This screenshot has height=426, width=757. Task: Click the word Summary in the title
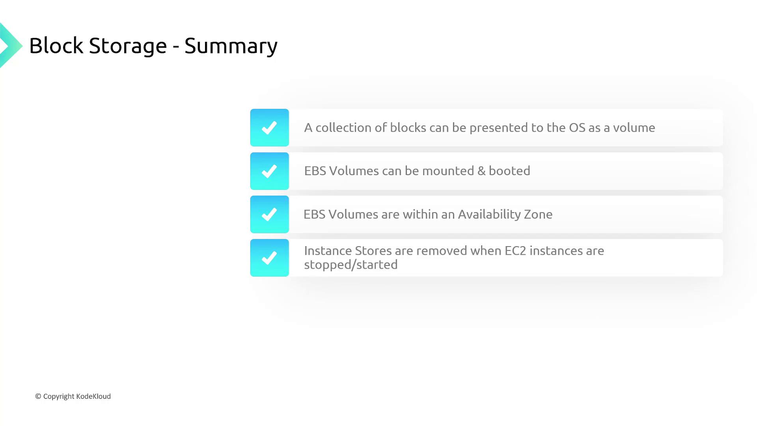click(x=231, y=46)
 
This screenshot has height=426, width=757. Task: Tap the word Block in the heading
click(x=56, y=45)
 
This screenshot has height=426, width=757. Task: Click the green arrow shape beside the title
click(x=11, y=45)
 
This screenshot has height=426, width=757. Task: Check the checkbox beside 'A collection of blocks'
click(x=270, y=128)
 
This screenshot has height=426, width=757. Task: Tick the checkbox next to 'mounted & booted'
click(x=270, y=171)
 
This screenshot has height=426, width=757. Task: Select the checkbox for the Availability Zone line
click(x=270, y=215)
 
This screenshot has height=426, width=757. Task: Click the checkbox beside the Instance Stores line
click(x=270, y=258)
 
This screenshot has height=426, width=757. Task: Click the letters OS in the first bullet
click(x=577, y=128)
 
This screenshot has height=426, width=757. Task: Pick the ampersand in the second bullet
click(x=481, y=171)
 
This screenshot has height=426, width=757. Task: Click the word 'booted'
click(x=509, y=171)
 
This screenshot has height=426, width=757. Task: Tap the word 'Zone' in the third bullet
click(x=538, y=215)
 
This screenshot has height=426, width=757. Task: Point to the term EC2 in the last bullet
click(x=515, y=251)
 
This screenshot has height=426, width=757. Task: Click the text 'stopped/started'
click(x=351, y=265)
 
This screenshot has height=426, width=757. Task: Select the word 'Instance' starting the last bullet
click(x=328, y=251)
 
